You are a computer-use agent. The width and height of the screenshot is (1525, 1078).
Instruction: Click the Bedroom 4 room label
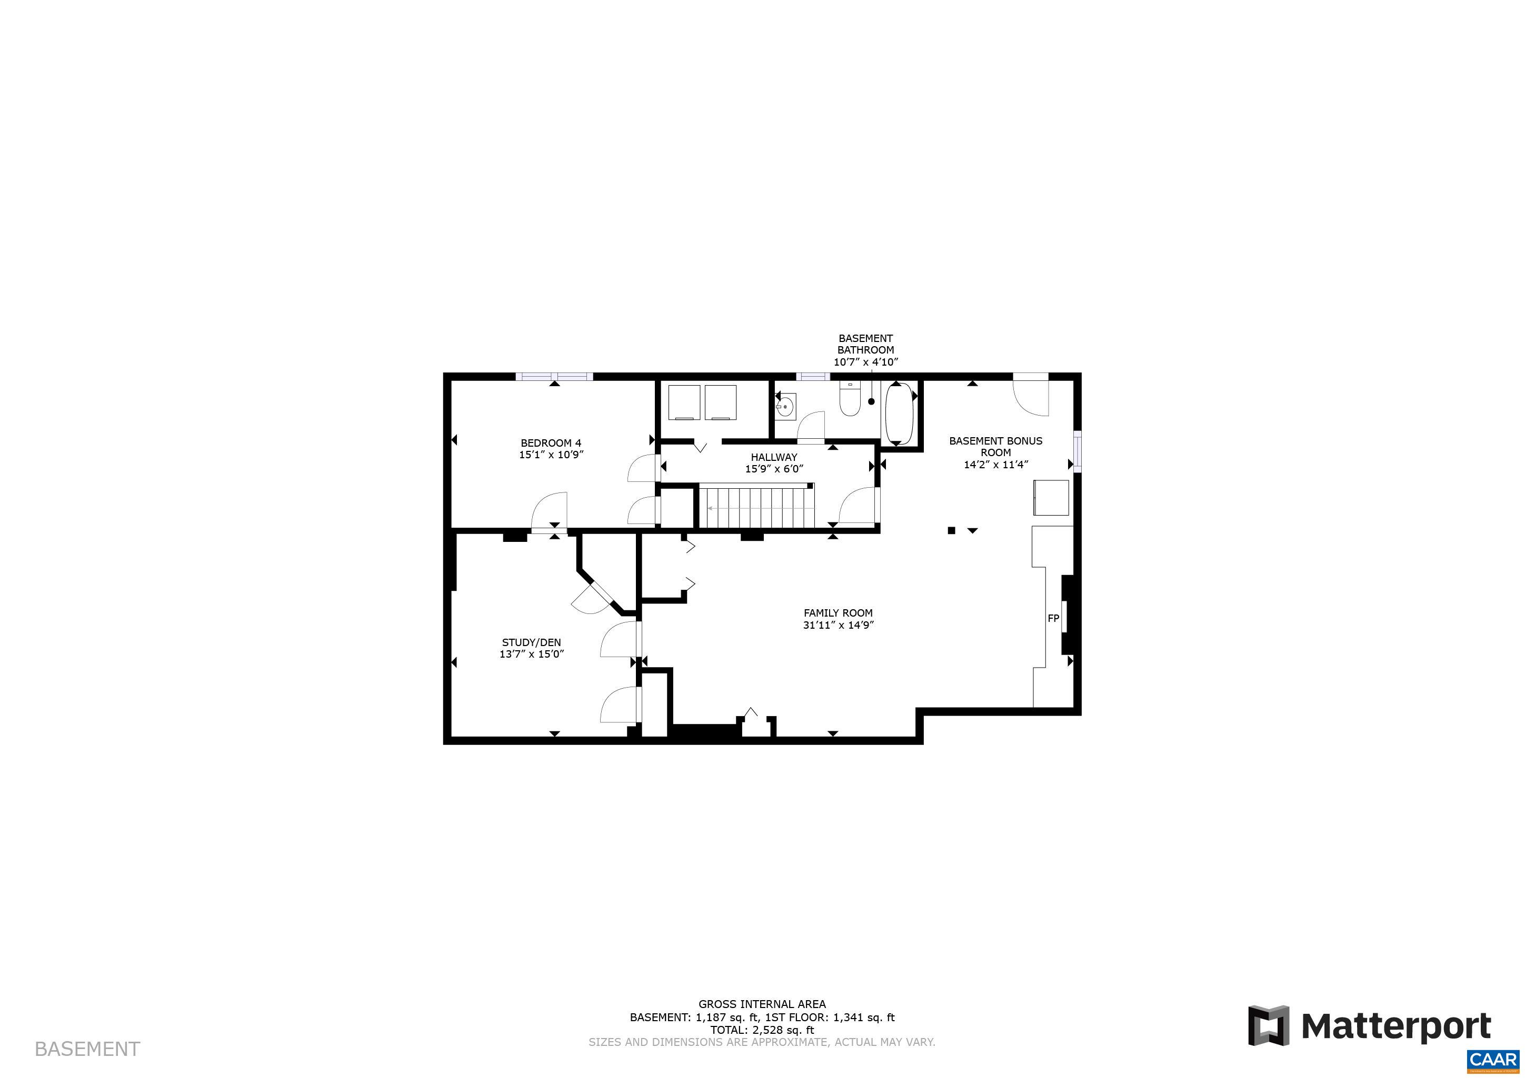click(551, 443)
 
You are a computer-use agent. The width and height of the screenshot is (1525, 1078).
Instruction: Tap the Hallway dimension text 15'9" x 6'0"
click(774, 469)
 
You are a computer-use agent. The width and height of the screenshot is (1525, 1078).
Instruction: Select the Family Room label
click(838, 613)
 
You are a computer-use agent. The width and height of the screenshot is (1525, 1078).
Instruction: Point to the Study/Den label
click(531, 642)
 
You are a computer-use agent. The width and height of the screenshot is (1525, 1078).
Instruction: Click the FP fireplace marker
click(1053, 619)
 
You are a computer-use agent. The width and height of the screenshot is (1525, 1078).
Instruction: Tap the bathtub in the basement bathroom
click(899, 413)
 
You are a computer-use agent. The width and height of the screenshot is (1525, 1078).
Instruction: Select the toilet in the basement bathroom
click(850, 400)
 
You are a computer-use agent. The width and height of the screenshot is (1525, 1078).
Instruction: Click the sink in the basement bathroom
click(786, 406)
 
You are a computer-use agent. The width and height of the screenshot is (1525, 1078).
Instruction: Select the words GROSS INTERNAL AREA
click(762, 1004)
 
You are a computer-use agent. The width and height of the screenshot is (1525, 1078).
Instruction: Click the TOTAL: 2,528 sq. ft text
click(762, 1030)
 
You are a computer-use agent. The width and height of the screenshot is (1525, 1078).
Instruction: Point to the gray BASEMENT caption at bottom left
click(87, 1050)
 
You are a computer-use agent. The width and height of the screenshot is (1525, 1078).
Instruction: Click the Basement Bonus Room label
click(995, 446)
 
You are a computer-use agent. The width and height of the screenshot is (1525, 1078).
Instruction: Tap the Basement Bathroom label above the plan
click(865, 344)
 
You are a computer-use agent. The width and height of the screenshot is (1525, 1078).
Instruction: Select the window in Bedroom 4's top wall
click(554, 376)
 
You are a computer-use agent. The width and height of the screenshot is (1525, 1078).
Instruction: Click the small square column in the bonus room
click(951, 530)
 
